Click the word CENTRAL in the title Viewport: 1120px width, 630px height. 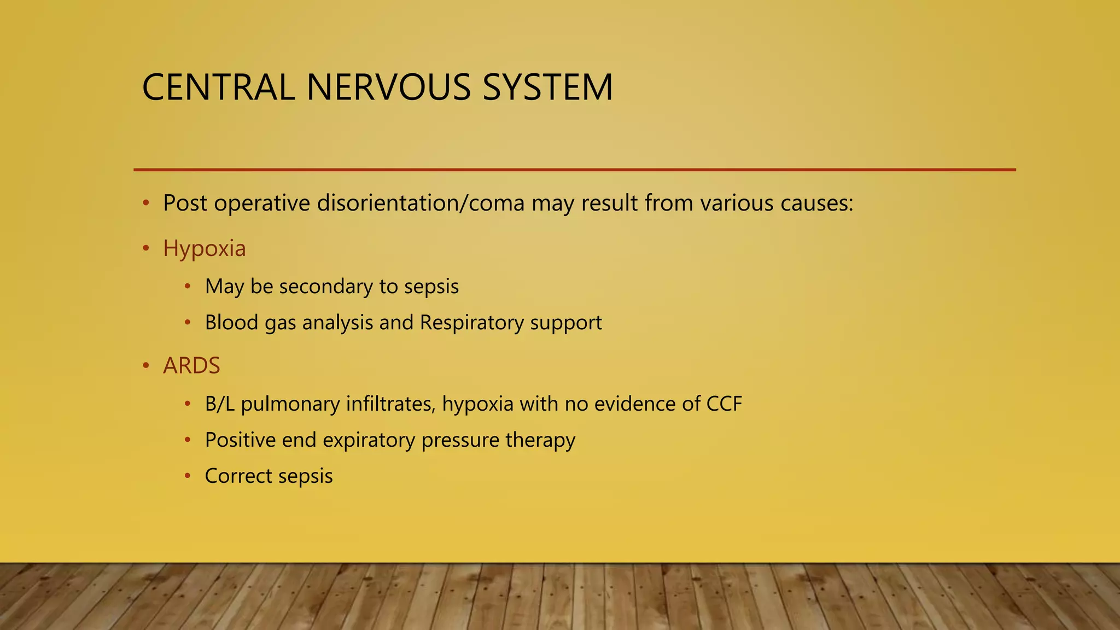click(218, 87)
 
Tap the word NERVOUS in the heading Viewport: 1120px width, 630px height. click(388, 87)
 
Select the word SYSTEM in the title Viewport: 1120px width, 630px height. click(547, 87)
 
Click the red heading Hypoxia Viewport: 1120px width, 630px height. click(205, 249)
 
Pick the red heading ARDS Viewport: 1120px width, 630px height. click(191, 366)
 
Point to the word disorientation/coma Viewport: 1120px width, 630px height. click(421, 203)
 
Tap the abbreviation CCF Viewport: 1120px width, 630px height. click(724, 404)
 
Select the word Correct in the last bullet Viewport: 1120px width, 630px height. click(238, 476)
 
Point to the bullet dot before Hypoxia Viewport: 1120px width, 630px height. click(145, 249)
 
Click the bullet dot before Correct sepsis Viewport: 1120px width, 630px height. click(188, 476)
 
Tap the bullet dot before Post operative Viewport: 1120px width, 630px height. click(145, 203)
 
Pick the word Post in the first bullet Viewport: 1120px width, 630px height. click(185, 203)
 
